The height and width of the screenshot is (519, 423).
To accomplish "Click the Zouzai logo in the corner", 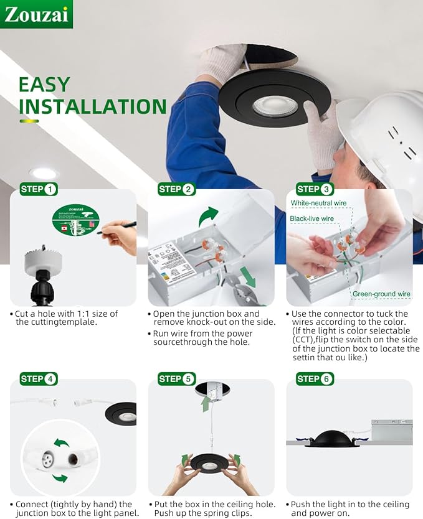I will coord(36,14).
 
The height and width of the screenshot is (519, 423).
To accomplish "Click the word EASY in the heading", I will coord(44,85).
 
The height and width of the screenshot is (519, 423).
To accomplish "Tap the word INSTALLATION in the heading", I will coord(92,106).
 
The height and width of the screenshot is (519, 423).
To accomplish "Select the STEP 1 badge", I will coord(39,189).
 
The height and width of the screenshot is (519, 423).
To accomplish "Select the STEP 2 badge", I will coord(176,189).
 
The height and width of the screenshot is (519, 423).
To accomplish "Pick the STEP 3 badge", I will coord(315,189).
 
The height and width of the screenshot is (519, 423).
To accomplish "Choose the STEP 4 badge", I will coord(39,378).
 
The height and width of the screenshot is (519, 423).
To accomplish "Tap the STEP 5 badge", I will coord(176,378).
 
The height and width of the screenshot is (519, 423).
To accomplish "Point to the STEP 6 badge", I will coord(315,378).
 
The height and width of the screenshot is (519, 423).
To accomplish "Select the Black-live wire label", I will coord(312,218).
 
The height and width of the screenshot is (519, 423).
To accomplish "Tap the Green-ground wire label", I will coord(381,294).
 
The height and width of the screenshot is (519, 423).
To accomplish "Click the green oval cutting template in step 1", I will coord(75,220).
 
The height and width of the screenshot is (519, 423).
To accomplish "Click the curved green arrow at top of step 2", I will coord(209,217).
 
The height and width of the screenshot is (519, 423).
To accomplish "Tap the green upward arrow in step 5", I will coord(206,403).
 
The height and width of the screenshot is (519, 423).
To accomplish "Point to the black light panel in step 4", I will coord(123,413).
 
